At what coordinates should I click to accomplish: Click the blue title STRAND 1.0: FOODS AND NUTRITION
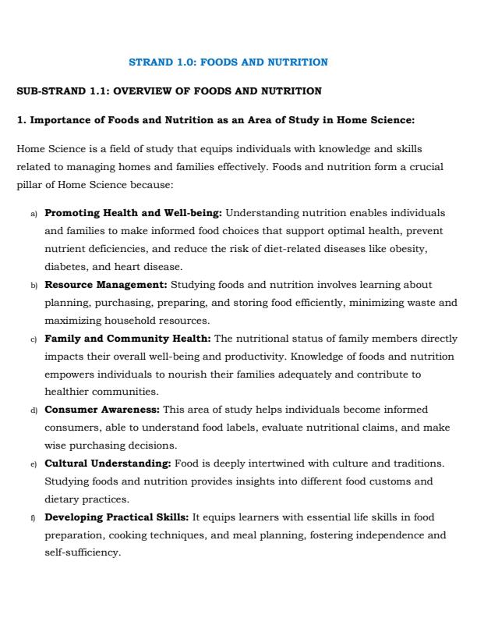228,62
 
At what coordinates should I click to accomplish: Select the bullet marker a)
34,213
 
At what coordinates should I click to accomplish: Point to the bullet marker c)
34,339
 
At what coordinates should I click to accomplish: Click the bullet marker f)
34,518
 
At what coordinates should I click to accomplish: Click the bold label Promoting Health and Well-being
133,212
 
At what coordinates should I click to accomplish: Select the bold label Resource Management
106,284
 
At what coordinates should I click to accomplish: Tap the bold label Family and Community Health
127,339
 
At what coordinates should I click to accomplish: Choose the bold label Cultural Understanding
108,463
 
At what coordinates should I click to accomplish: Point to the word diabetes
65,266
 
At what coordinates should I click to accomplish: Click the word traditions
416,463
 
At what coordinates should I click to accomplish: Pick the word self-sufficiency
83,552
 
